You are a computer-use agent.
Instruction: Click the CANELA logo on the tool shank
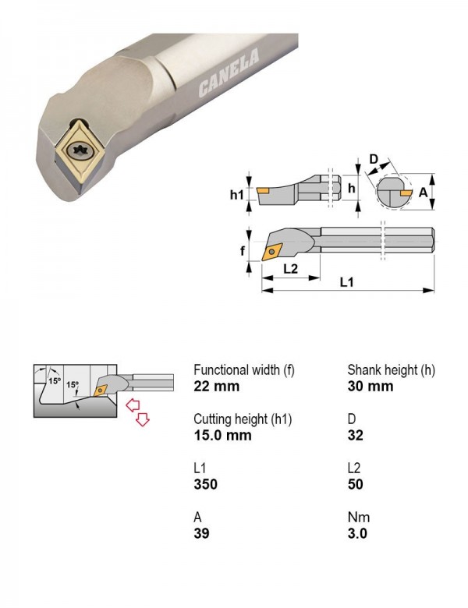click(229, 72)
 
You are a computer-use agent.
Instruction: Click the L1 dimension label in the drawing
click(346, 282)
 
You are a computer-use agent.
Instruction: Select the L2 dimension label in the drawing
click(290, 269)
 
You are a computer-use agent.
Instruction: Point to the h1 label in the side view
click(236, 194)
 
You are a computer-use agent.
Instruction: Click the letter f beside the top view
click(243, 251)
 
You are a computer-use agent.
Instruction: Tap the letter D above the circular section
click(374, 159)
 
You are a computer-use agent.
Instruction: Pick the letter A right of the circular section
click(423, 192)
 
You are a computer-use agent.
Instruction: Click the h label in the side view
click(352, 188)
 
